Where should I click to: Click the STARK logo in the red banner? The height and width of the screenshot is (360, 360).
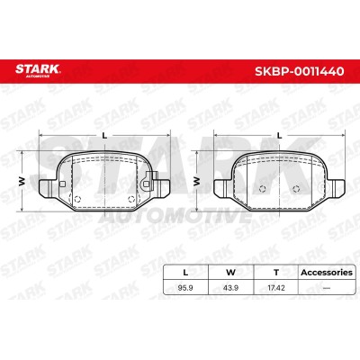point(38,70)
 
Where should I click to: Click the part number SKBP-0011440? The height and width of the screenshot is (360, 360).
point(299,71)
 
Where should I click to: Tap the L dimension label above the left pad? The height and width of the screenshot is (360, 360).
point(104,136)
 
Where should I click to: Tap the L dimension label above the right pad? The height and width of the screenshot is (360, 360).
point(280,136)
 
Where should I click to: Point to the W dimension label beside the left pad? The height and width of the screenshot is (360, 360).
point(22,181)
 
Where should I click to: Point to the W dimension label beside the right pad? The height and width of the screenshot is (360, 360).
point(196,181)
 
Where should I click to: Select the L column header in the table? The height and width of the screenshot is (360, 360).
point(185,273)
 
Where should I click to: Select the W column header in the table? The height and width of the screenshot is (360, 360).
point(230,273)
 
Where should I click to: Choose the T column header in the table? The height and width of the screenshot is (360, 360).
point(276,273)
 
